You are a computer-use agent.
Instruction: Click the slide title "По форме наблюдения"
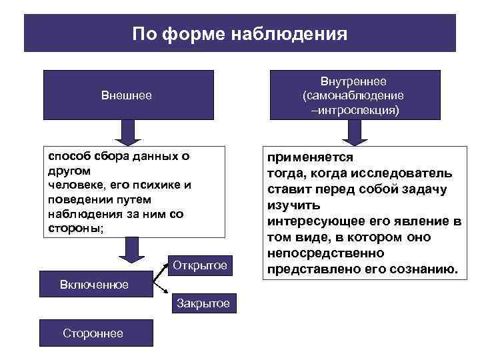coord(239,34)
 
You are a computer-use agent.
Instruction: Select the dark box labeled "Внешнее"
coord(127,95)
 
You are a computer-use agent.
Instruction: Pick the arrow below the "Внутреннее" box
coord(354,133)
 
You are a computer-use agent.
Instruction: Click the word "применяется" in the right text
coord(310,158)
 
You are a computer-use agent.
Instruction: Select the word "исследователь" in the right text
coord(409,173)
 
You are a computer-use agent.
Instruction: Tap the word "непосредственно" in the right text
coord(325,253)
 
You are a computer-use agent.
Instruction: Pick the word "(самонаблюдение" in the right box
coord(353,95)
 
